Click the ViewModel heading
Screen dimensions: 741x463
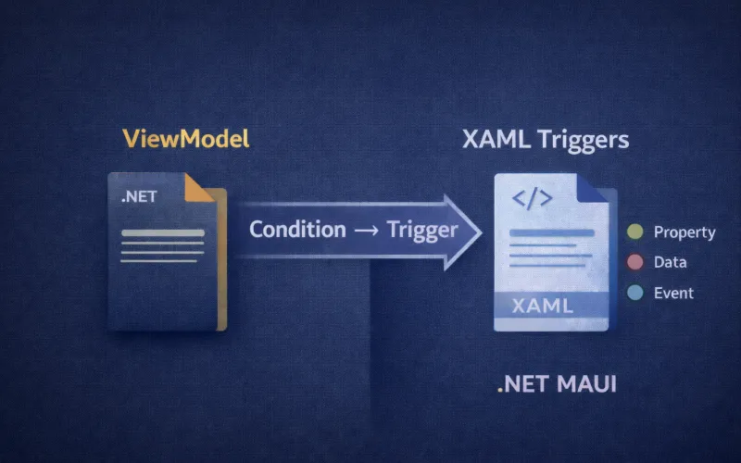point(186,142)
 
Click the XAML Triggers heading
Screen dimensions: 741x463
point(545,141)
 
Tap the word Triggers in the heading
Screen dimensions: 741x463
point(584,141)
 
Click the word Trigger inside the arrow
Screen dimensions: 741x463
point(421,229)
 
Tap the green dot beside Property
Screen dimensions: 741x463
point(635,232)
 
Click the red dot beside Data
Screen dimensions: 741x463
point(635,262)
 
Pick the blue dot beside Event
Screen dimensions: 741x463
point(635,293)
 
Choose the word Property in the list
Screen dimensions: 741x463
point(684,232)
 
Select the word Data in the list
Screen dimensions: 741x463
point(670,262)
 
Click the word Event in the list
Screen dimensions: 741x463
point(673,293)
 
